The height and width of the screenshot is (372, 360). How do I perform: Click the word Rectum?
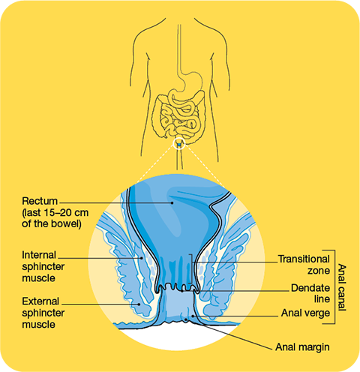point(40,201)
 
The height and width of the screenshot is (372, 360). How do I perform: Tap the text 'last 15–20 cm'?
point(56,213)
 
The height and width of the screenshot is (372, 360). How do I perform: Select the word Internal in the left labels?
point(39,255)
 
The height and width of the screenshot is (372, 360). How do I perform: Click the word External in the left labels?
point(40,301)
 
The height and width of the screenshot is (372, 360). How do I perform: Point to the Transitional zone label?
point(304,265)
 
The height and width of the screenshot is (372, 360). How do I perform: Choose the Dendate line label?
point(310,293)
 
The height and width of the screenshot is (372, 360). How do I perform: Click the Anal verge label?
point(305,313)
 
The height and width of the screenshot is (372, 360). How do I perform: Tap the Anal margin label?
point(302,347)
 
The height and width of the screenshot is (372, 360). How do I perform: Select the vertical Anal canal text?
point(342,287)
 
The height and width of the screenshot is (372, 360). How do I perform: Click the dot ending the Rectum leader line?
point(172,202)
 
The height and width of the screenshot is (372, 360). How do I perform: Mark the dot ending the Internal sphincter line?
point(142,258)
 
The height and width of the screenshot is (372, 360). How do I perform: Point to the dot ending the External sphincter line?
point(139,304)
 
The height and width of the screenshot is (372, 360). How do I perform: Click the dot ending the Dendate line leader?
point(182,291)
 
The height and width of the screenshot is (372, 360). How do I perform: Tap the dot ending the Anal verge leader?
point(193,316)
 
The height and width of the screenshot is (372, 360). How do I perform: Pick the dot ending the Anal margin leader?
point(185,319)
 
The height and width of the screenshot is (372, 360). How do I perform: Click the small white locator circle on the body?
point(179,143)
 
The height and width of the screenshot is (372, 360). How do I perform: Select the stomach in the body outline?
point(193,81)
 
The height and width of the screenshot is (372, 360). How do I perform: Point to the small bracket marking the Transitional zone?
point(192,268)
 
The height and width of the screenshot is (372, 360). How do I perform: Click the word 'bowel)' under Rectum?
point(66,223)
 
